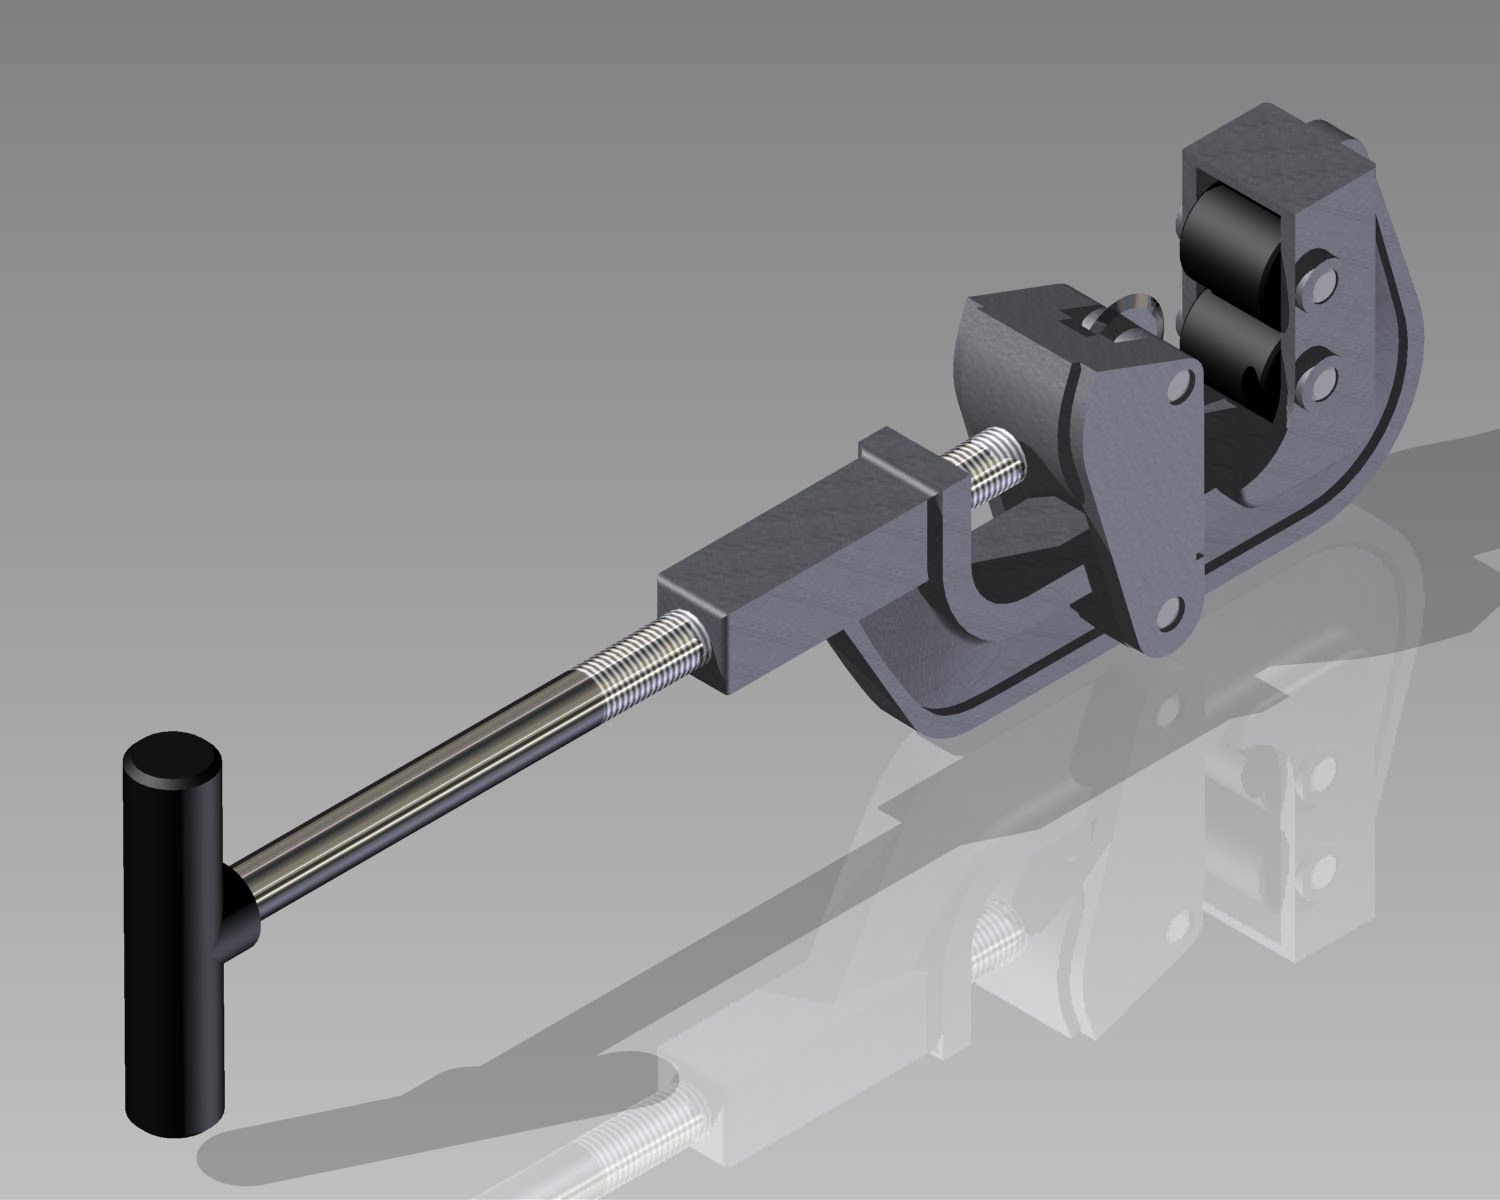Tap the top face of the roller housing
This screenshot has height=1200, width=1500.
(1270, 150)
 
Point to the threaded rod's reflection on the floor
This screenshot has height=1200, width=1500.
(640, 1120)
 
